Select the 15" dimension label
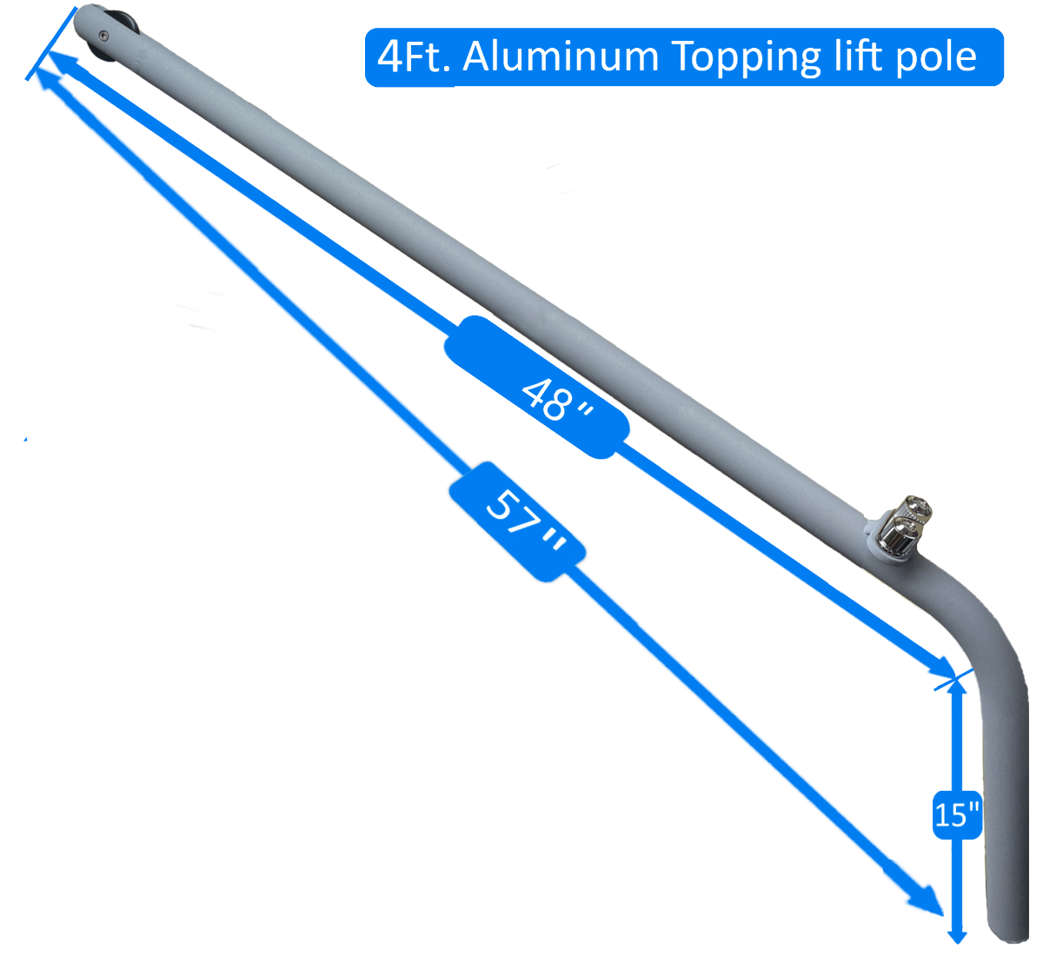point(957,814)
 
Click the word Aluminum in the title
point(561,57)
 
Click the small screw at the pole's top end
point(103,36)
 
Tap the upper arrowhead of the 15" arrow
point(957,687)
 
